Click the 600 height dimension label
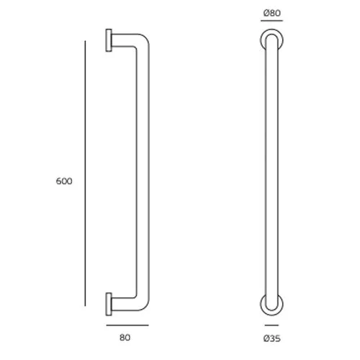point(64,181)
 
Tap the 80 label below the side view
point(126,337)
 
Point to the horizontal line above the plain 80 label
point(127,325)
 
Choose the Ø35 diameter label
point(271,338)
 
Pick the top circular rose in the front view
point(270,40)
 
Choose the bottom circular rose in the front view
point(270,303)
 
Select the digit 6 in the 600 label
point(58,181)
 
